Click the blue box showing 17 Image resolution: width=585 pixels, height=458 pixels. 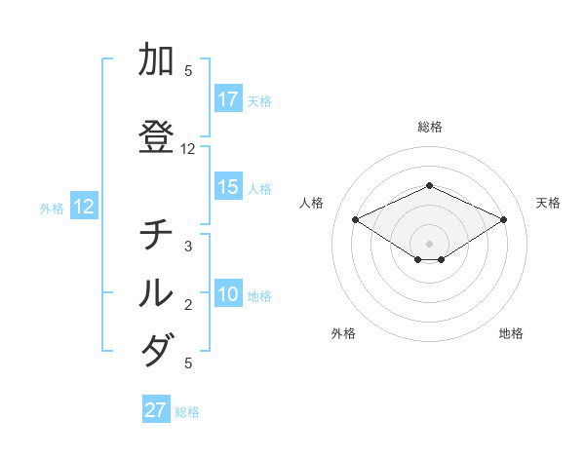pos(228,99)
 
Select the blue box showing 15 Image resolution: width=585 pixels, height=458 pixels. pos(228,187)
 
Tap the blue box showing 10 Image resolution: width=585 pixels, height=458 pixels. pos(228,294)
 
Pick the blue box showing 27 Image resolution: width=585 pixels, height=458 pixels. pos(156,410)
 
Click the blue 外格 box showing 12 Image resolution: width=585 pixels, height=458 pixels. pos(83,207)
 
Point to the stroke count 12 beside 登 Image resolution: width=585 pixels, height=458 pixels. pos(188,149)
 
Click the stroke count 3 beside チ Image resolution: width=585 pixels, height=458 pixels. pos(188,247)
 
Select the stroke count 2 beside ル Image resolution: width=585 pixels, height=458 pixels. pos(188,305)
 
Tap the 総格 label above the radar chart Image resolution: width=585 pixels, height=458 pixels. pos(430,127)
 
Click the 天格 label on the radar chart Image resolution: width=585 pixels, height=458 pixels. pos(548,203)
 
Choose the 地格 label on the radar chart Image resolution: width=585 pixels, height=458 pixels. pos(511,333)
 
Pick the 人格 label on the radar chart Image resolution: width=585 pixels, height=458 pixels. pos(312,203)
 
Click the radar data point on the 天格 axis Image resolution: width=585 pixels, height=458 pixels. pos(504,219)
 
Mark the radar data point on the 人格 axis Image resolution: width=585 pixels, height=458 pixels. pos(355,219)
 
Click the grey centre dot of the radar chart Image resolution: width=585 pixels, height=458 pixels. pos(430,243)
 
